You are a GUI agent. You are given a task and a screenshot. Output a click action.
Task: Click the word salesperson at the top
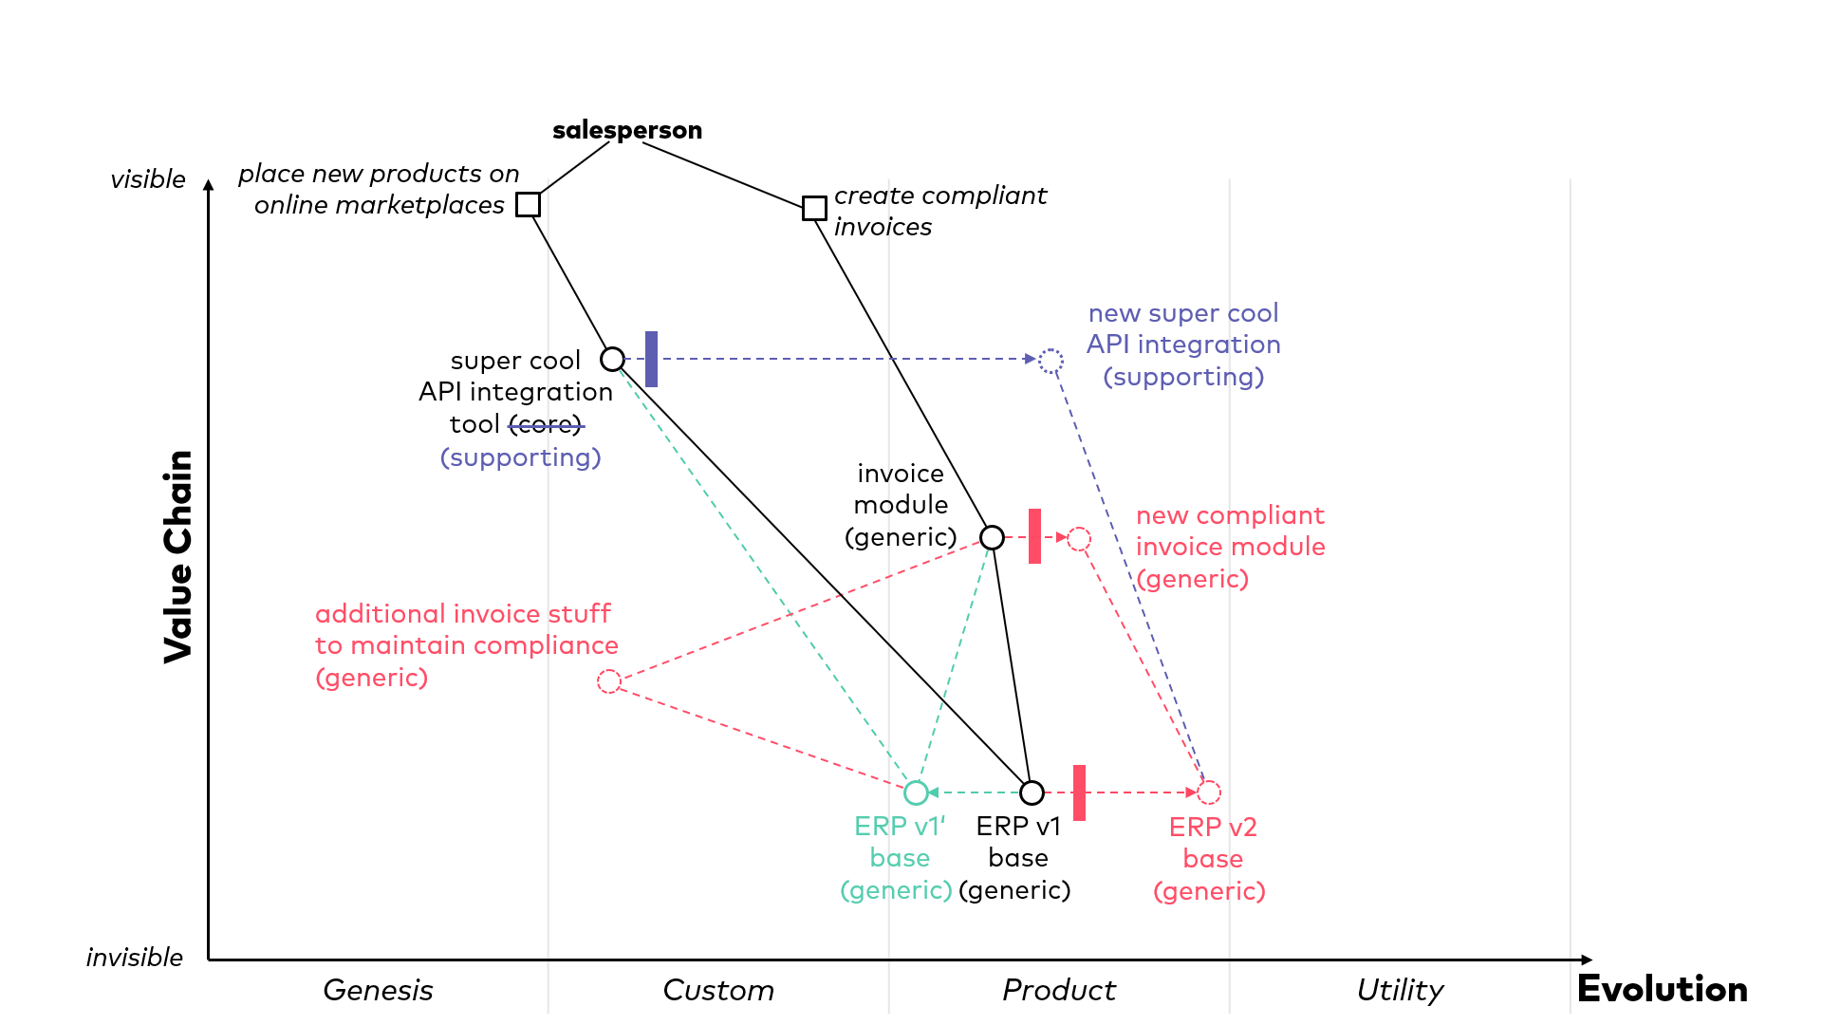pyautogui.click(x=627, y=130)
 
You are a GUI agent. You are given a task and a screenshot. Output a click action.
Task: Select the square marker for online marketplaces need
pyautogui.click(x=529, y=205)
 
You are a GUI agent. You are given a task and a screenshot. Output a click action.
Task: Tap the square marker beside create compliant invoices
pyautogui.click(x=814, y=209)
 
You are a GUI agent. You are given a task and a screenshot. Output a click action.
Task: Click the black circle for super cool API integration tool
pyautogui.click(x=613, y=360)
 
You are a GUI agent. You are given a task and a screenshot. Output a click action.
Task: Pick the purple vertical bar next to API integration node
pyautogui.click(x=651, y=359)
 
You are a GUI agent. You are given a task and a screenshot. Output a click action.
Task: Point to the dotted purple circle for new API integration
pyautogui.click(x=1050, y=361)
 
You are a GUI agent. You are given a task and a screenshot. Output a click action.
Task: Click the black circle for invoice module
pyautogui.click(x=992, y=538)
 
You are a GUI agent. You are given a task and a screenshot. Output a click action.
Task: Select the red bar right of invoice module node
pyautogui.click(x=1034, y=536)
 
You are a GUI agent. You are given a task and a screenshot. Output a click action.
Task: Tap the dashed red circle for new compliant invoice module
pyautogui.click(x=1079, y=539)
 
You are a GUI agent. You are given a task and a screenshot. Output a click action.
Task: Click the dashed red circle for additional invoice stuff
pyautogui.click(x=609, y=681)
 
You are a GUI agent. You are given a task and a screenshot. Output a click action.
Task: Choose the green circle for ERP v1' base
pyautogui.click(x=916, y=792)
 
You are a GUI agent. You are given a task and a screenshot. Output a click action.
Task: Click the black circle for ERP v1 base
pyautogui.click(x=1032, y=792)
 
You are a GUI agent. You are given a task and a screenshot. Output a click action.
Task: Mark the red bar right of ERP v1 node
pyautogui.click(x=1079, y=792)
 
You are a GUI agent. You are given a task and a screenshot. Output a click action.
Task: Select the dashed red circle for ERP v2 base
pyautogui.click(x=1209, y=792)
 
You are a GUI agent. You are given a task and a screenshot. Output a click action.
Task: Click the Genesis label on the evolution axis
pyautogui.click(x=378, y=990)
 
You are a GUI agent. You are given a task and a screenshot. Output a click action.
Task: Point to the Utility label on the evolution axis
pyautogui.click(x=1400, y=990)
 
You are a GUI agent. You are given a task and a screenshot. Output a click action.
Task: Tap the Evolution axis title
pyautogui.click(x=1662, y=989)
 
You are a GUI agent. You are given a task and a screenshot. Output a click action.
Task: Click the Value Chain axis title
pyautogui.click(x=178, y=556)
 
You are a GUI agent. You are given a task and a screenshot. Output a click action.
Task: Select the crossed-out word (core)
pyautogui.click(x=546, y=424)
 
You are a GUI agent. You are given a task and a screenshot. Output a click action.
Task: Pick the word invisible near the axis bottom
pyautogui.click(x=135, y=957)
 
